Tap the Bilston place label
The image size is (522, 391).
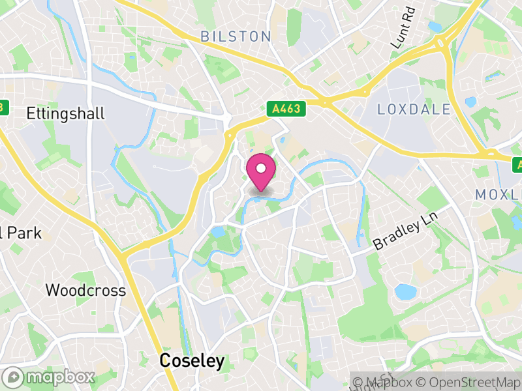(x=236, y=36)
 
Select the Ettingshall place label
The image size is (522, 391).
(x=65, y=113)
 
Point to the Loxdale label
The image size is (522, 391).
(x=414, y=109)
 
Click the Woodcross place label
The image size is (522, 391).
(x=85, y=290)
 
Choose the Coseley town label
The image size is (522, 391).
(x=192, y=360)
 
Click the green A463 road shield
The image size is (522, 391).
(x=287, y=109)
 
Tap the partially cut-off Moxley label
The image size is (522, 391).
(x=499, y=194)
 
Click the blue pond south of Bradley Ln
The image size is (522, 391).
(x=406, y=291)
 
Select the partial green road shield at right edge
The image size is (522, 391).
(x=517, y=163)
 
